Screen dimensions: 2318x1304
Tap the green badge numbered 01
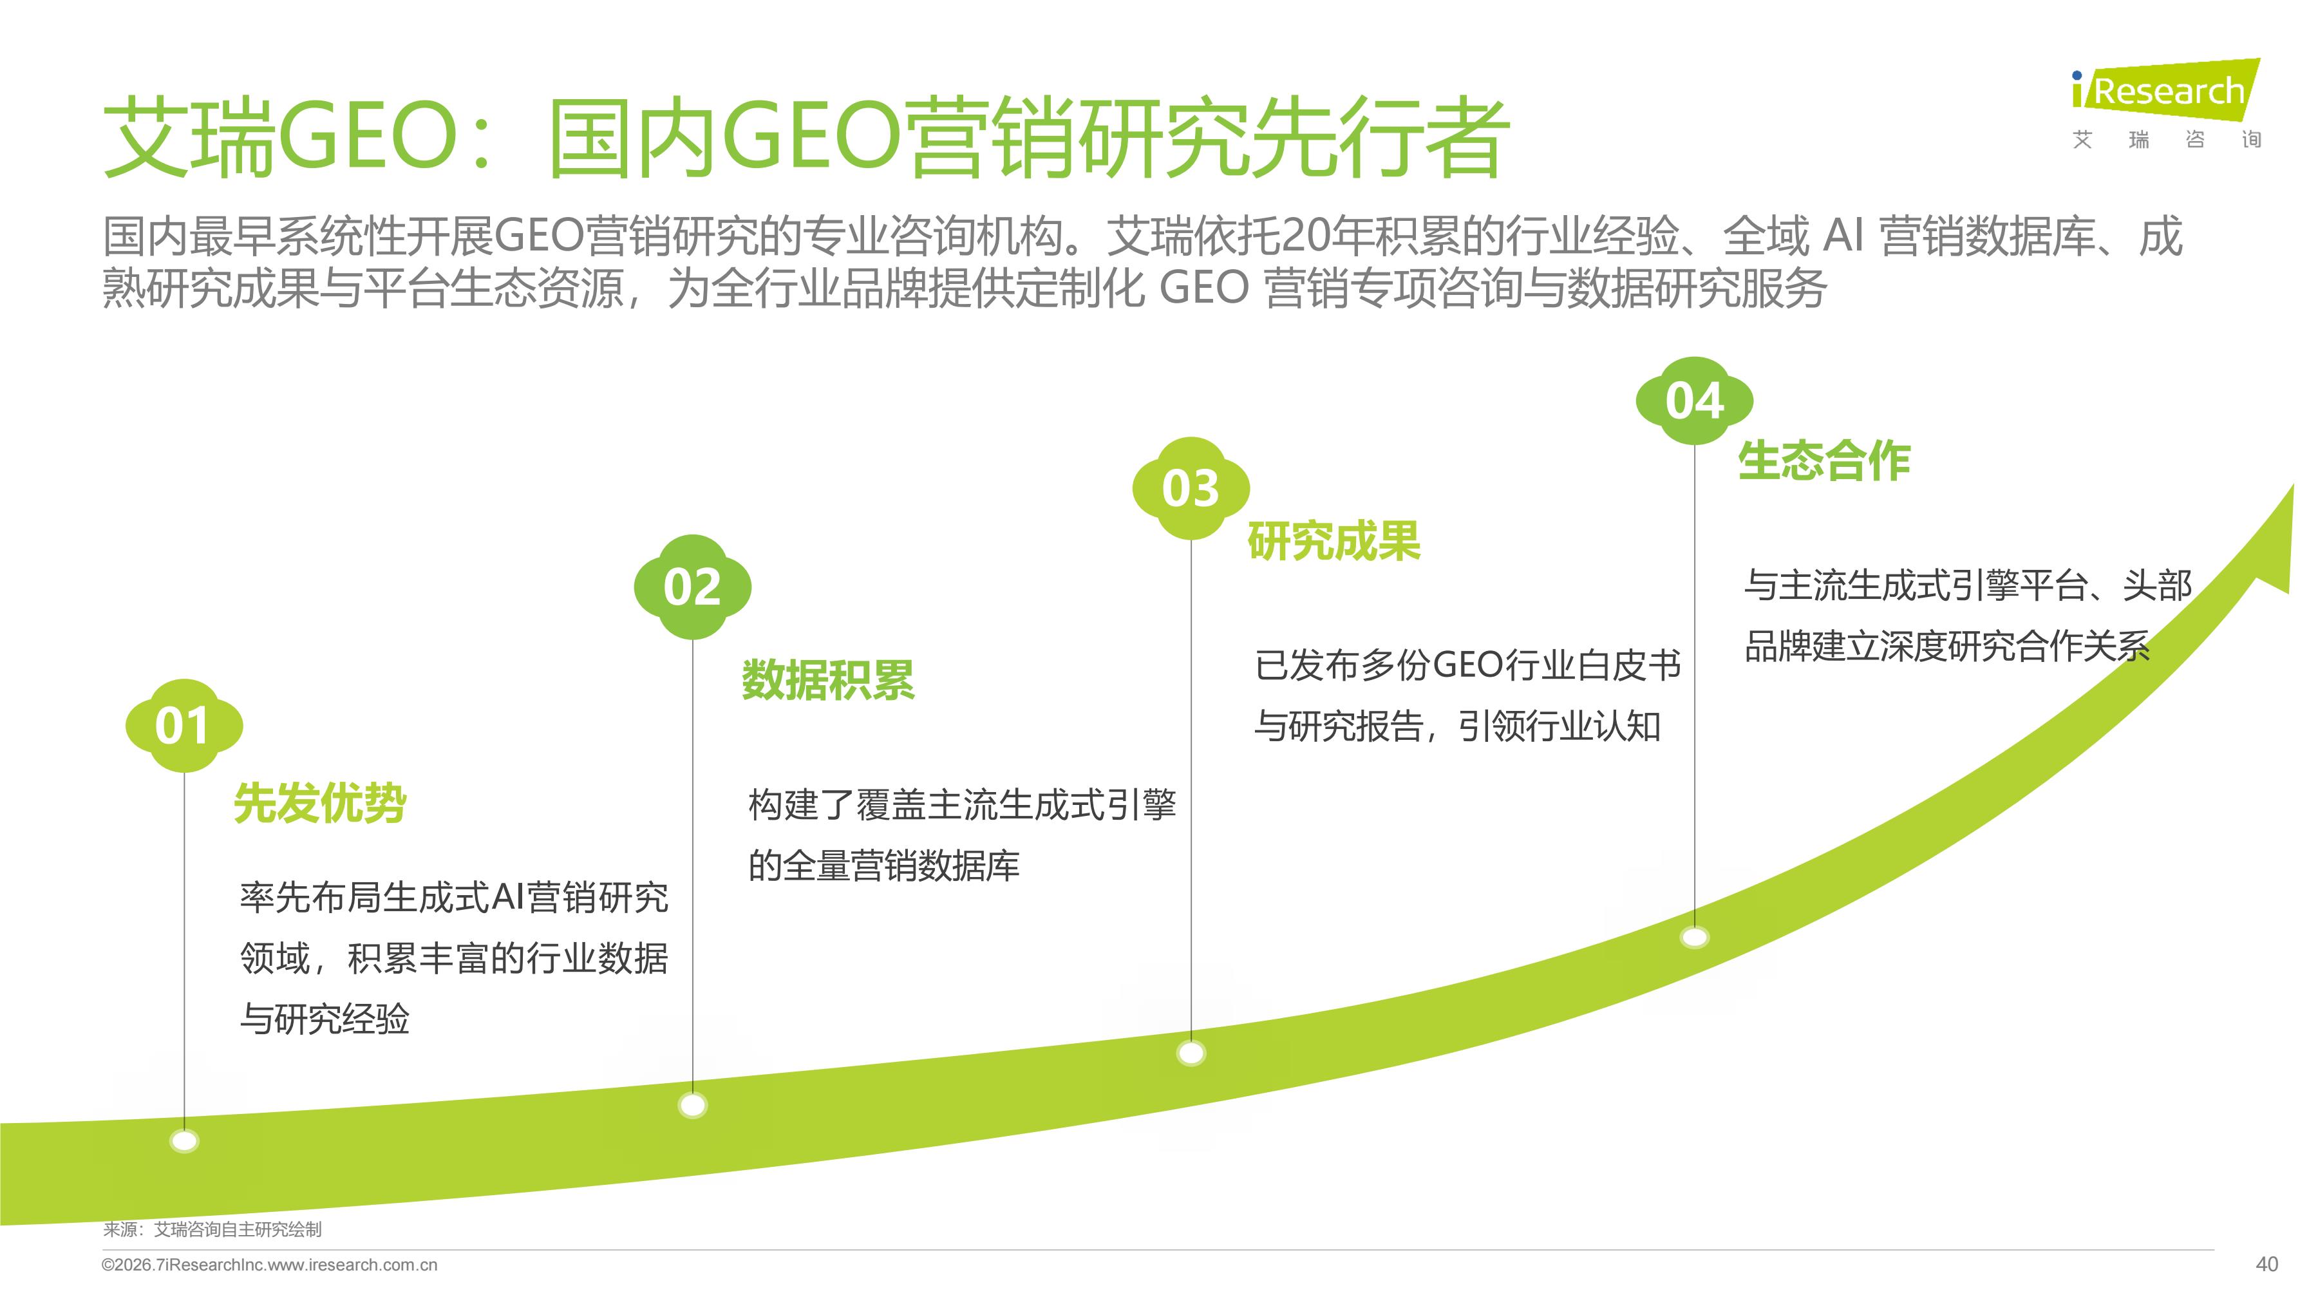click(x=184, y=725)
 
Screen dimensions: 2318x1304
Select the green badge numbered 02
click(x=692, y=587)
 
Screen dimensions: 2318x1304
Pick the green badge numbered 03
click(x=1191, y=489)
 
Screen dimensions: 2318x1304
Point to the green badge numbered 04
click(x=1695, y=401)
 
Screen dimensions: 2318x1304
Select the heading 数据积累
click(x=828, y=679)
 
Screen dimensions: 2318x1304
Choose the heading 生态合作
click(x=1824, y=461)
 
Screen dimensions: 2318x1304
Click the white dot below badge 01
click(x=184, y=1141)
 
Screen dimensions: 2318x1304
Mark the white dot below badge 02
click(x=693, y=1105)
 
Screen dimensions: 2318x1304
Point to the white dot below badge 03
click(x=1191, y=1053)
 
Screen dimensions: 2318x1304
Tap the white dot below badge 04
click(x=1695, y=938)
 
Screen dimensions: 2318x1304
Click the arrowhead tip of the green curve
click(x=2293, y=485)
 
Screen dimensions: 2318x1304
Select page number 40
click(x=2266, y=1265)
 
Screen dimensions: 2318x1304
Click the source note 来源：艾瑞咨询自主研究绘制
click(x=212, y=1229)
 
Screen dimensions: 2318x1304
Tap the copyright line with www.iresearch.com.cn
click(x=270, y=1265)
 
